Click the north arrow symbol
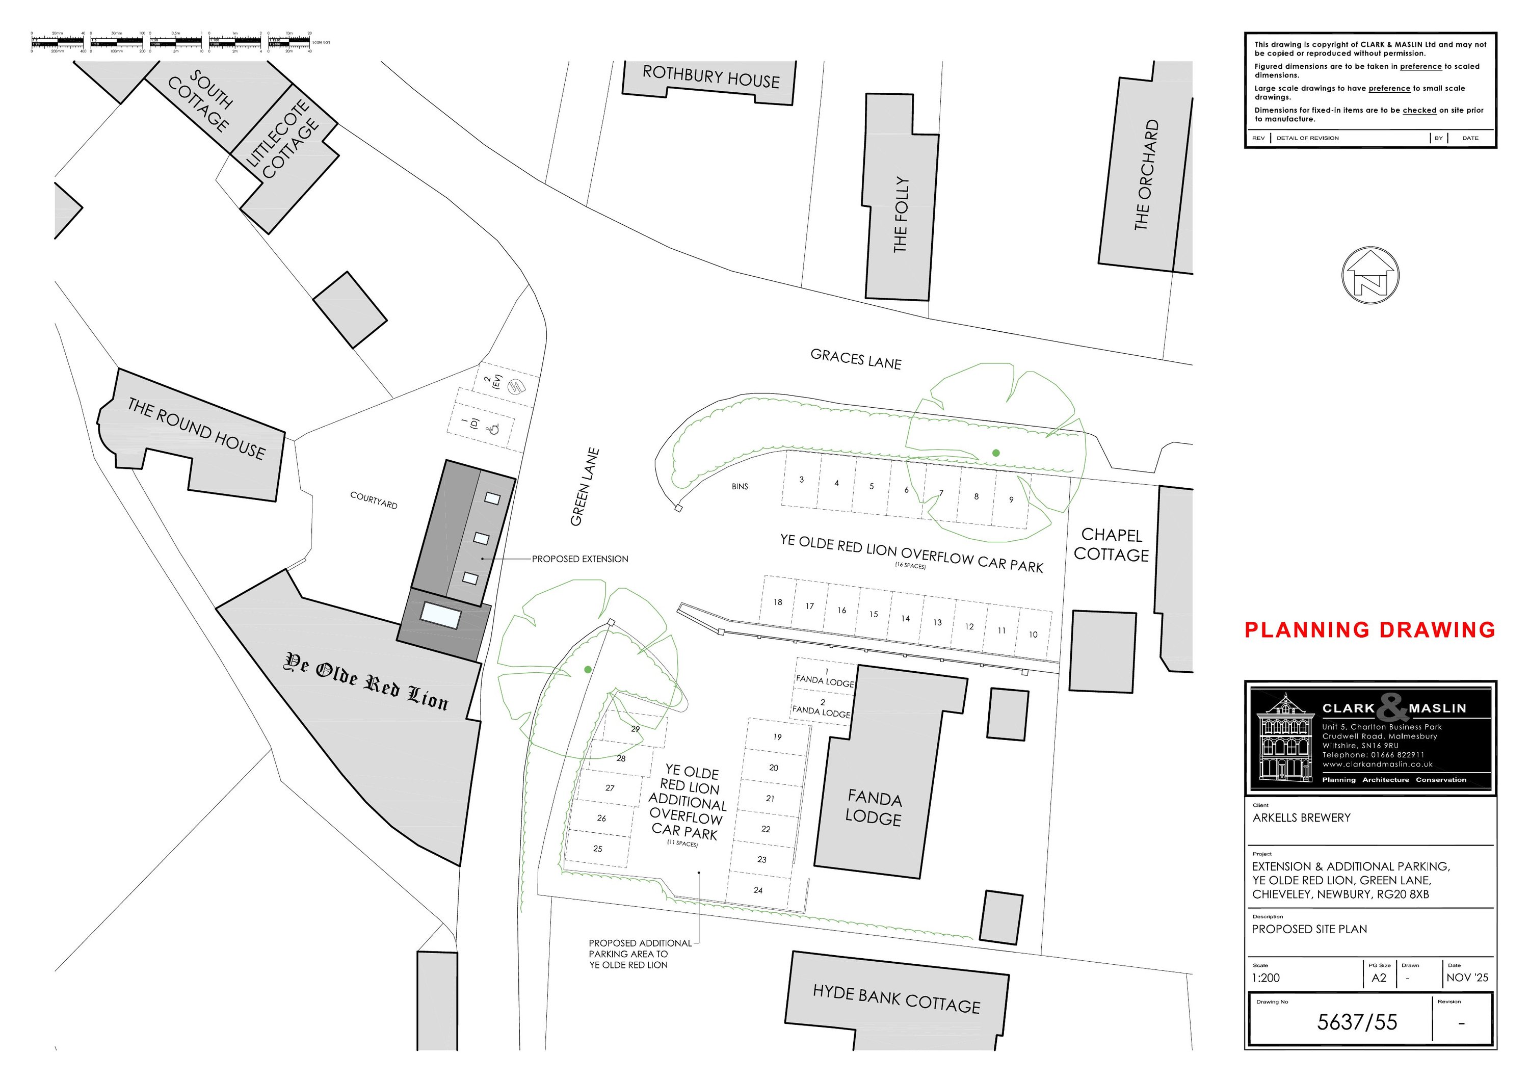coord(1370,275)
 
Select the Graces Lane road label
coord(856,360)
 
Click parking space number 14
coord(905,619)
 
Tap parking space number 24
coord(758,890)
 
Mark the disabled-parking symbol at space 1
coord(493,430)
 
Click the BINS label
coord(740,487)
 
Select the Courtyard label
coord(374,500)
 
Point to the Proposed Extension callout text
coord(580,559)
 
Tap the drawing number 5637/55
coord(1357,1022)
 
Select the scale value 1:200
coord(1266,978)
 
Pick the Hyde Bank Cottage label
coord(897,999)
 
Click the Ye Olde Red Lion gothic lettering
coord(367,681)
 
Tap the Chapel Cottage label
coord(1112,545)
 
